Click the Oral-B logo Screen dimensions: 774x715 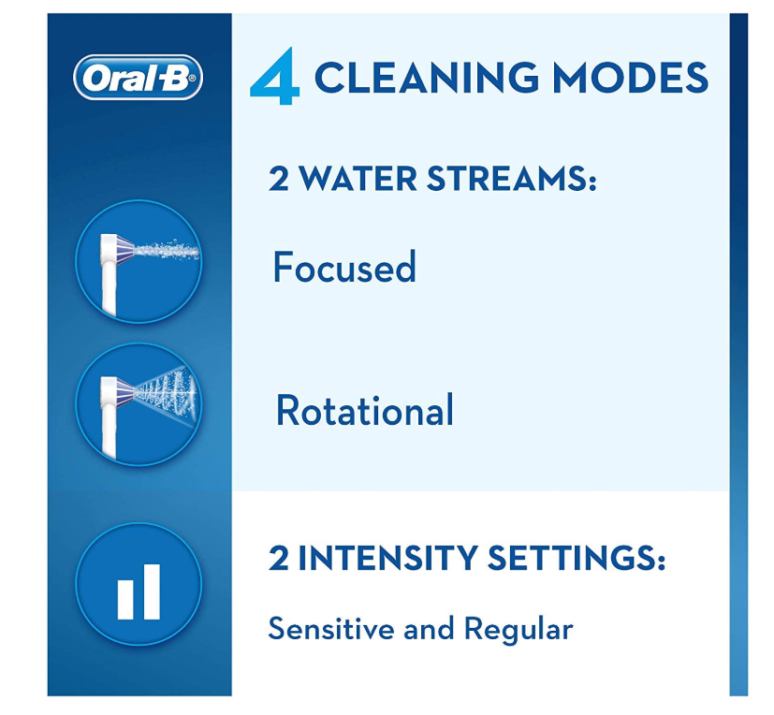(x=139, y=78)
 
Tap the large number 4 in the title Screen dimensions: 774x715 (x=275, y=76)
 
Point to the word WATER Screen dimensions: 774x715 (x=358, y=178)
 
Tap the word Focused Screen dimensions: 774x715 (x=344, y=267)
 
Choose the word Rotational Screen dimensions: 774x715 (x=365, y=410)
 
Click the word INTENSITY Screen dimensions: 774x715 (x=388, y=558)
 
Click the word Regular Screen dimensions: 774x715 (x=518, y=630)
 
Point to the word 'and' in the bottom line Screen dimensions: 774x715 (x=429, y=630)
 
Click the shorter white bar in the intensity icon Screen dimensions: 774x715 (x=125, y=600)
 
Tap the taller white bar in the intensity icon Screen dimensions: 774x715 (x=151, y=592)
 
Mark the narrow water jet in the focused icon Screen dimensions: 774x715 (x=167, y=249)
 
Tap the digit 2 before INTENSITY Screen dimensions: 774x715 (x=278, y=558)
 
